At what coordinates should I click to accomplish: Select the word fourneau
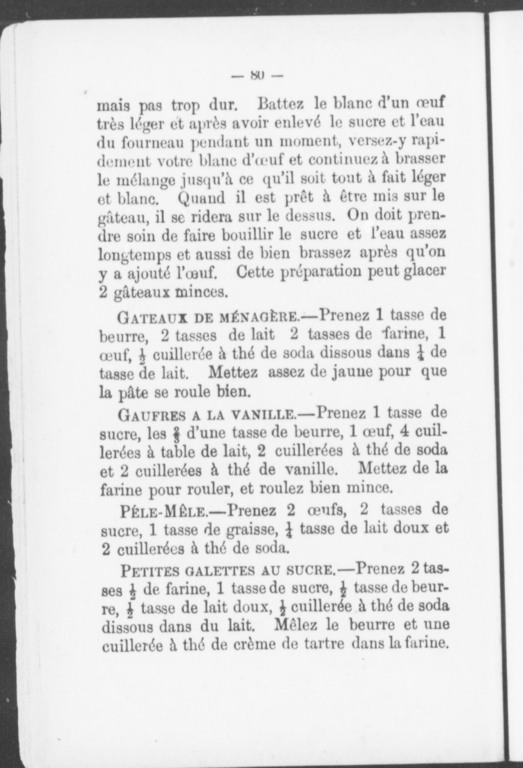coord(148,143)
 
